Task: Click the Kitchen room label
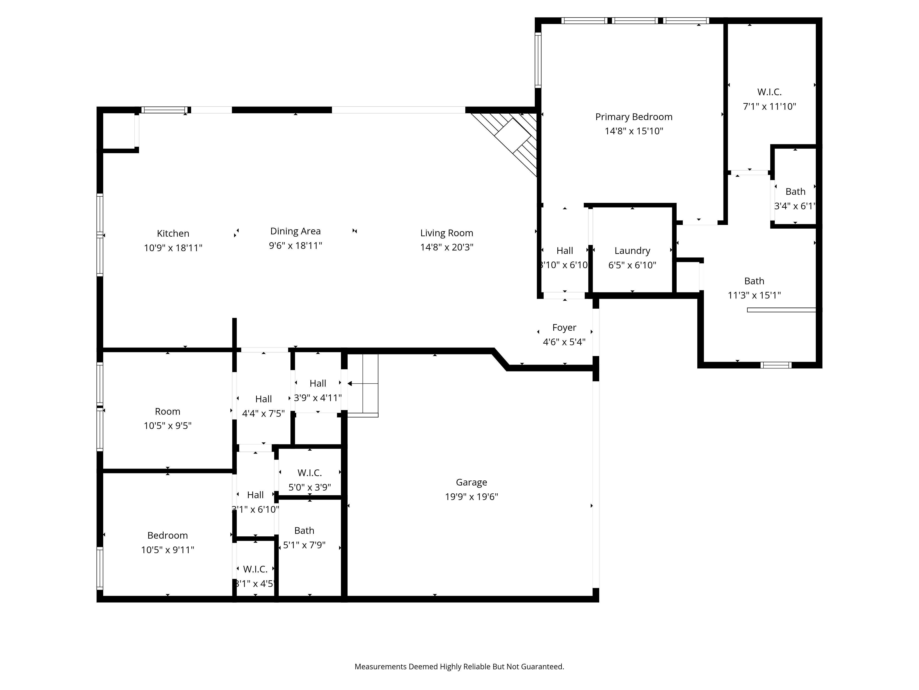tap(173, 233)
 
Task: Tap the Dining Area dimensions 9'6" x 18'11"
tap(295, 245)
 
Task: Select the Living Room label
tap(447, 233)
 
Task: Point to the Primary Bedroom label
tap(634, 117)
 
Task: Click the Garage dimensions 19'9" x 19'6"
tap(471, 497)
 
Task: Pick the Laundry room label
tap(632, 251)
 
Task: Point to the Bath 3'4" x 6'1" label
tap(795, 192)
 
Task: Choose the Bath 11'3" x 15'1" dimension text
tap(754, 295)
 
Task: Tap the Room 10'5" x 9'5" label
tap(167, 411)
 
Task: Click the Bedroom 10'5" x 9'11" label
tap(167, 535)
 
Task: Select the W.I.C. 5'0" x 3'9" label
tap(309, 473)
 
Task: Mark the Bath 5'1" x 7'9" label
tap(304, 531)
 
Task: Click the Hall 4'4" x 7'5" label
tap(263, 399)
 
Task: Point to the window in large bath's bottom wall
tap(776, 365)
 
